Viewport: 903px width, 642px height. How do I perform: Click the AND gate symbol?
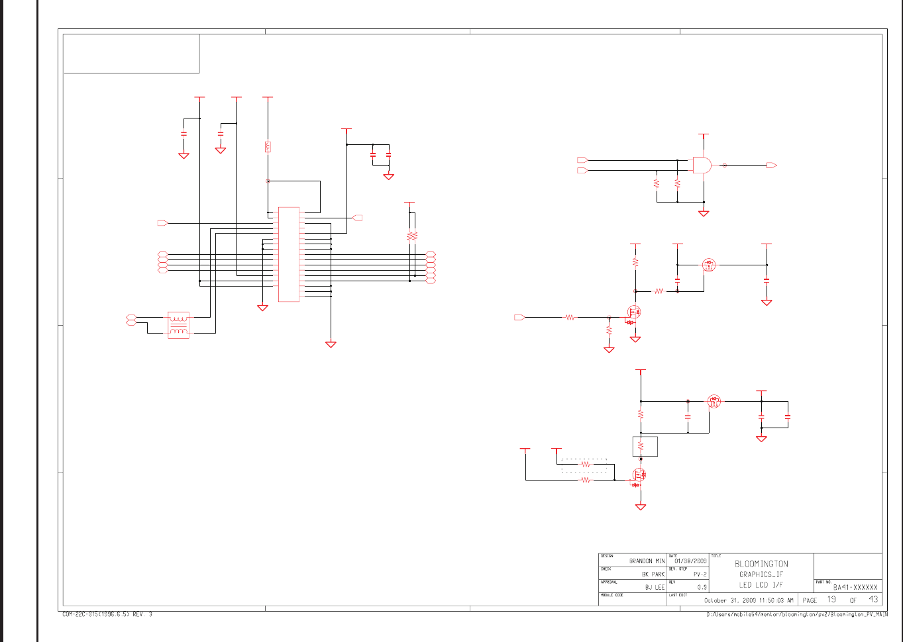pos(702,165)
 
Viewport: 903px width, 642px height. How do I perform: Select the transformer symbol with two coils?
pos(178,325)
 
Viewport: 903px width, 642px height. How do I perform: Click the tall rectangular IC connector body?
pos(289,254)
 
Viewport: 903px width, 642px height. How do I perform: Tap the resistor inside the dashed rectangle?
pos(585,465)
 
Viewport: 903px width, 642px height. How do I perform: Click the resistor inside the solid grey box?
pos(641,447)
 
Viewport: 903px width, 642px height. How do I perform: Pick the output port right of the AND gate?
pos(771,165)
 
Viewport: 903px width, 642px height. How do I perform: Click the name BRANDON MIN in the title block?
pos(647,561)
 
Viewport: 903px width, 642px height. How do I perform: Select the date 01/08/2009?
pos(690,561)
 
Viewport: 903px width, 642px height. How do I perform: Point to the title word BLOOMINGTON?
pos(761,564)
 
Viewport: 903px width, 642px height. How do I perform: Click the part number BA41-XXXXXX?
pos(855,587)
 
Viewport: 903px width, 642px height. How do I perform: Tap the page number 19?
pos(831,600)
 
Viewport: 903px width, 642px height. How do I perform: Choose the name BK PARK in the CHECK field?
pos(653,574)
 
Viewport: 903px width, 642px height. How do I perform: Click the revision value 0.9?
pos(702,587)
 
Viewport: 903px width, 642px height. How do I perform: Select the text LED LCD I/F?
pos(761,585)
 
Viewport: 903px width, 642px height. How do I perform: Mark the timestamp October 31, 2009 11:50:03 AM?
pos(748,600)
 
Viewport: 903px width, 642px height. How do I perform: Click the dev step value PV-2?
pos(700,574)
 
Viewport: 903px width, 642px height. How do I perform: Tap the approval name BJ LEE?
pos(655,587)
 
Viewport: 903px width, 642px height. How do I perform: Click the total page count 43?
pos(873,600)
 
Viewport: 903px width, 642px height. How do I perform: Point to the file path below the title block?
pos(797,615)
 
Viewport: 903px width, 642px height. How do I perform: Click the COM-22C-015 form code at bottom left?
pos(107,615)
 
